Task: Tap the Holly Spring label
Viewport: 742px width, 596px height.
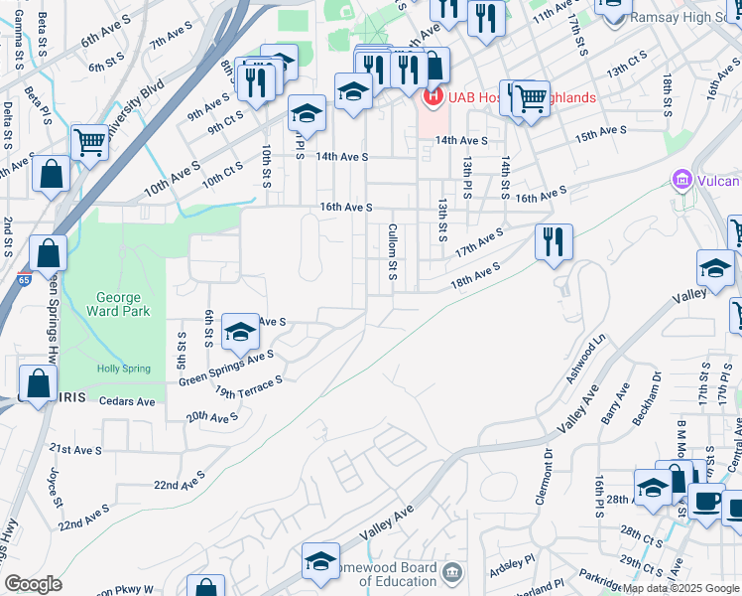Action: (122, 370)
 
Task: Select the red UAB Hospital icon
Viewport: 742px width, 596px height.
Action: (433, 97)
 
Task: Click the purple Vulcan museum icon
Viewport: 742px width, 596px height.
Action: (681, 181)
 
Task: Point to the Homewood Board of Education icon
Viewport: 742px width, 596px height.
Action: (452, 573)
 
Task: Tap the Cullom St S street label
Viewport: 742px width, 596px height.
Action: (393, 250)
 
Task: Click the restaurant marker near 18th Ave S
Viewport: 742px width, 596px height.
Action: (554, 241)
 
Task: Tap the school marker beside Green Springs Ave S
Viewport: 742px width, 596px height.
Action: (240, 333)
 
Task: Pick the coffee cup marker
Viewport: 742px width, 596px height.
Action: (705, 502)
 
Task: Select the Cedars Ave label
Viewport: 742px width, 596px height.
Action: (129, 402)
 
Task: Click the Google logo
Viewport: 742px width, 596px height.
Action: (33, 584)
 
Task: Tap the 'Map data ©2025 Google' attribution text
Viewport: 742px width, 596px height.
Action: (680, 588)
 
